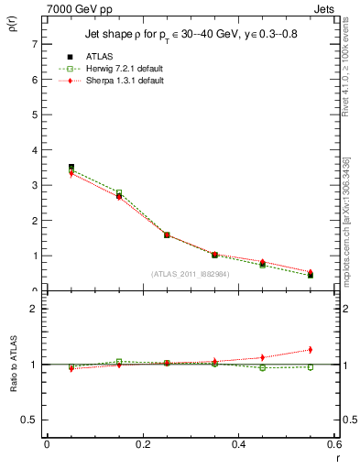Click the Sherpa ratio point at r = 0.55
310,349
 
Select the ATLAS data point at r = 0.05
71,167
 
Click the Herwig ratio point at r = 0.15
119,361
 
